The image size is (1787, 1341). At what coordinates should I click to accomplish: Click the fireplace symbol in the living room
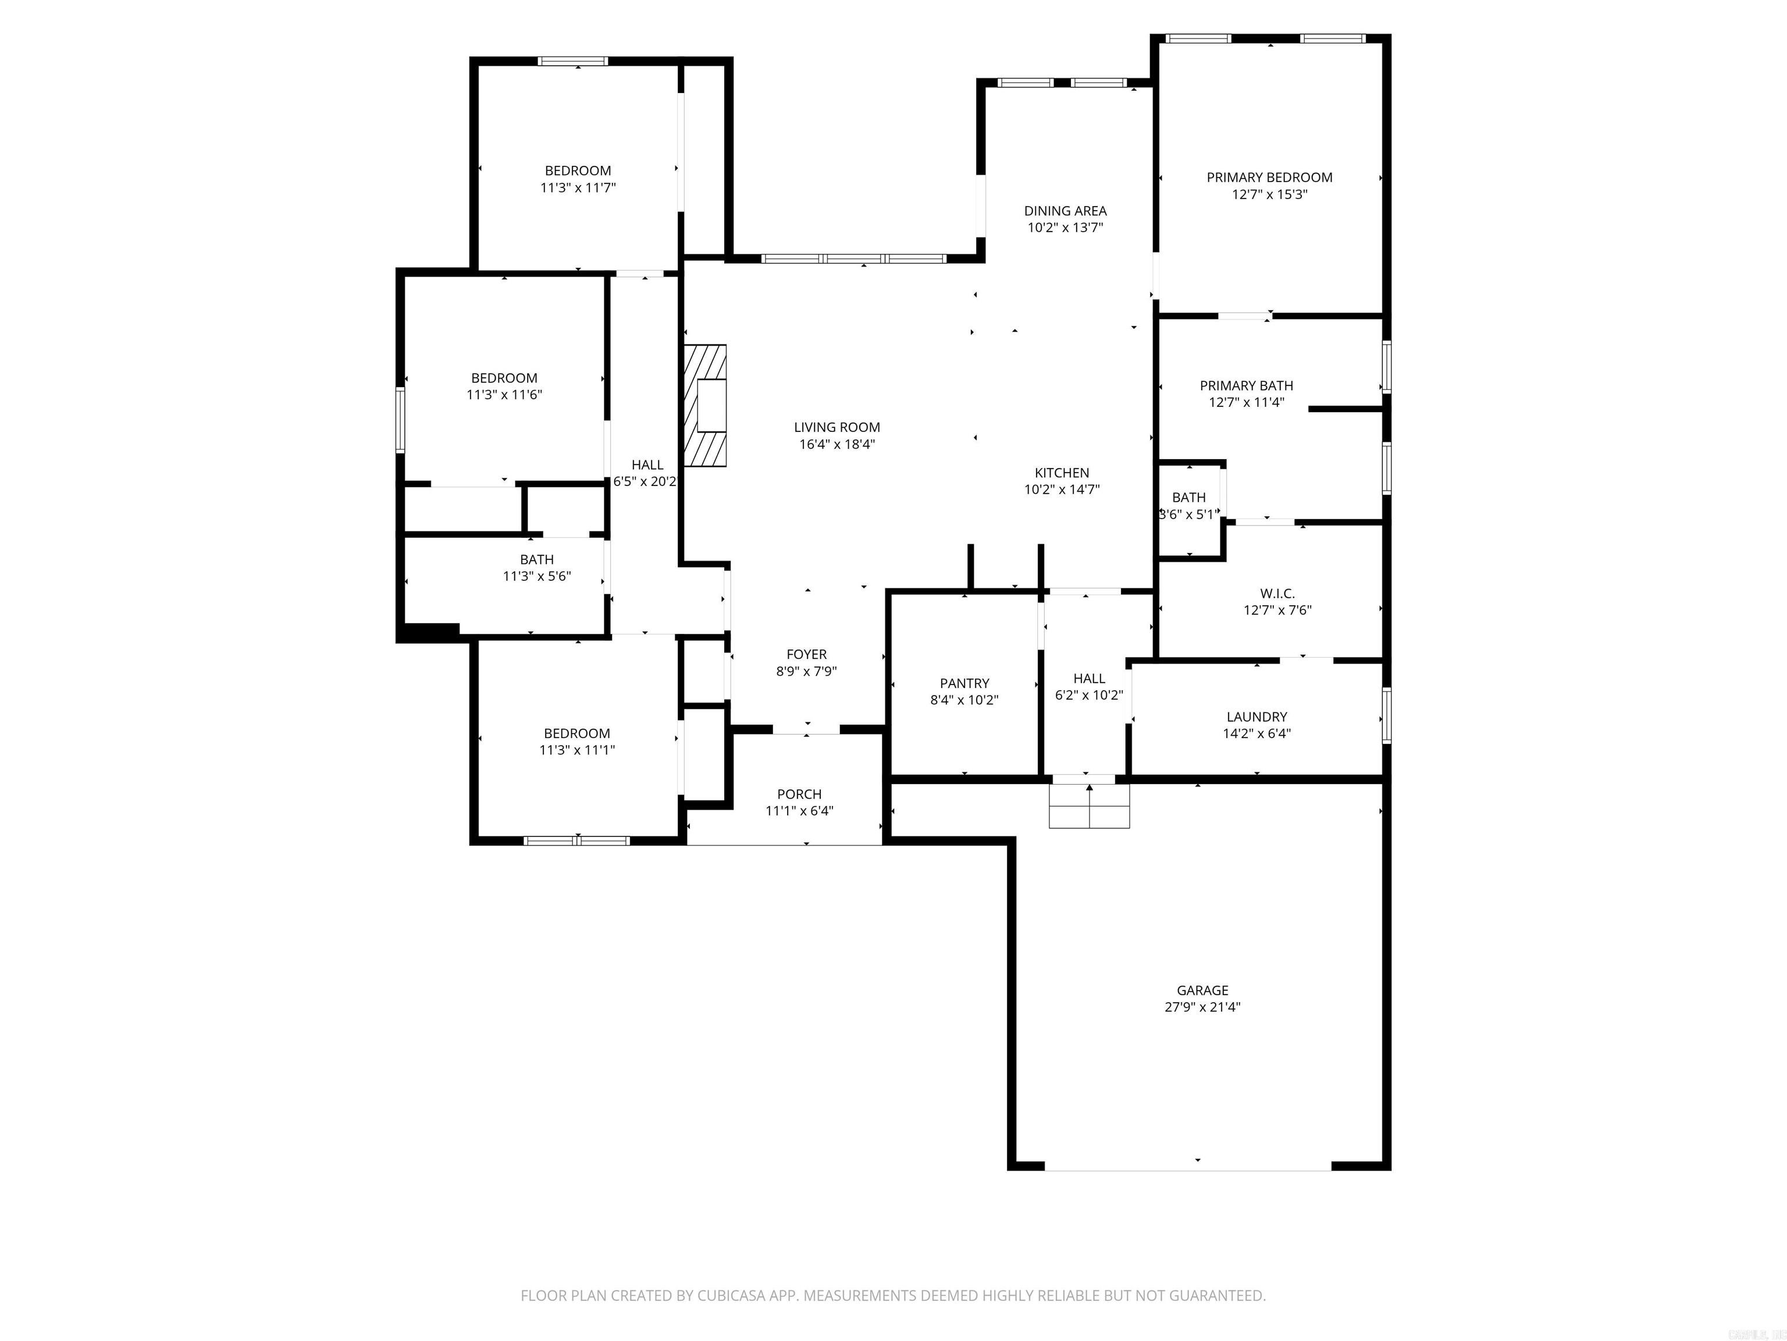coord(705,405)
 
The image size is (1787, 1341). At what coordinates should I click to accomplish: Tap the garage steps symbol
coord(1089,806)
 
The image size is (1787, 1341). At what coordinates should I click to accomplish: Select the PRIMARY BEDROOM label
coord(1269,177)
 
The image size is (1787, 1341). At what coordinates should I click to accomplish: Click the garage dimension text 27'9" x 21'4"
coord(1202,1007)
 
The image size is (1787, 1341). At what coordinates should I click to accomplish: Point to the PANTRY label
coord(964,683)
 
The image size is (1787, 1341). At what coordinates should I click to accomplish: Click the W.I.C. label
coord(1277,593)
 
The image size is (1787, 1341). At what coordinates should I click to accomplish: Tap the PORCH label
coord(799,794)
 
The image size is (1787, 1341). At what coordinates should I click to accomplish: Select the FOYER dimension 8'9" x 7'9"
coord(806,671)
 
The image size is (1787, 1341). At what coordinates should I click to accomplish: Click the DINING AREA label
coord(1065,210)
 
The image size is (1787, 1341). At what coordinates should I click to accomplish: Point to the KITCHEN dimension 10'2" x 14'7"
coord(1062,489)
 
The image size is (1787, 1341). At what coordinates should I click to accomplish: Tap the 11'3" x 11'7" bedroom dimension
coord(578,187)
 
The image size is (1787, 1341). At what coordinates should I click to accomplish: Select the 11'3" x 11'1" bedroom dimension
coord(577,750)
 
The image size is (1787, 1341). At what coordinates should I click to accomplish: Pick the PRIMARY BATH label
coord(1246,385)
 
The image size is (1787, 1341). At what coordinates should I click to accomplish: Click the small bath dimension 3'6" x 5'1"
coord(1188,514)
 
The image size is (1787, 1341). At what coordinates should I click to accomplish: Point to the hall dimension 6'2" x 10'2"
coord(1088,695)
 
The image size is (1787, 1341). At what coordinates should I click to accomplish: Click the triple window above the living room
coord(853,258)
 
